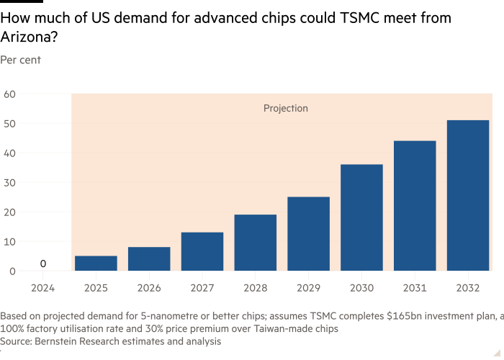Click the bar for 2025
click(x=96, y=264)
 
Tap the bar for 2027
click(x=202, y=251)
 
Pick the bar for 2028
click(x=256, y=243)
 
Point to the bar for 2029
click(x=308, y=234)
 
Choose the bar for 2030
click(x=361, y=217)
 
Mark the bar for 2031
click(x=415, y=206)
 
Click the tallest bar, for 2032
click(x=468, y=195)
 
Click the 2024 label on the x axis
click(x=43, y=287)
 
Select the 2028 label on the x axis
click(x=256, y=287)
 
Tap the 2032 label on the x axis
click(x=468, y=287)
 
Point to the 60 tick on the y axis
click(x=9, y=94)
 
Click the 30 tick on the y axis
click(x=9, y=182)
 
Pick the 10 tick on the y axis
click(x=9, y=241)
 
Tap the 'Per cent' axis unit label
click(x=20, y=60)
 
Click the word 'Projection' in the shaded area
click(x=285, y=109)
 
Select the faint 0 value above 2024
click(x=43, y=264)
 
